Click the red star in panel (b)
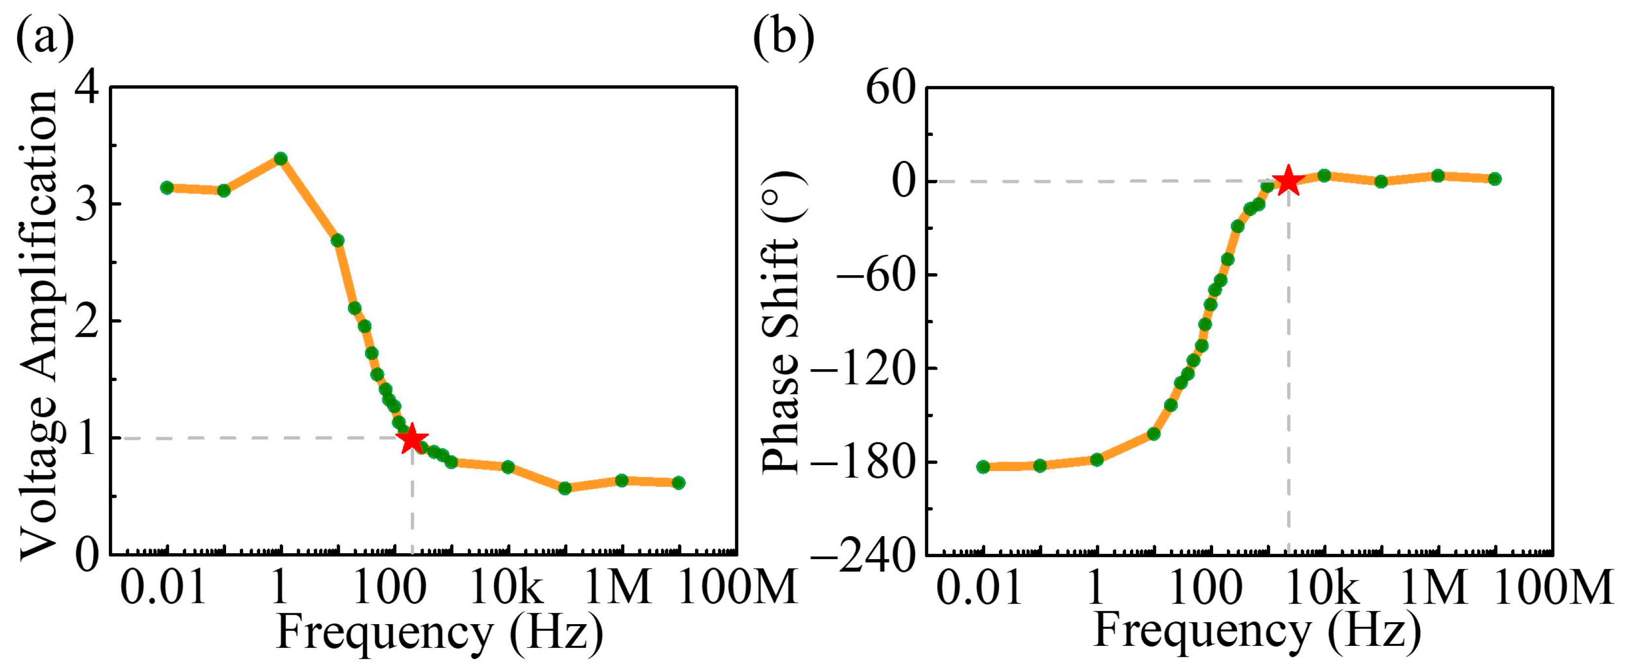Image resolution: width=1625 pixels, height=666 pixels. point(1288,181)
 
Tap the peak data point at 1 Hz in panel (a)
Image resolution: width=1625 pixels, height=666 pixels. point(281,159)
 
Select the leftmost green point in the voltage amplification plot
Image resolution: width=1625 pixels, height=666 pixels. point(166,188)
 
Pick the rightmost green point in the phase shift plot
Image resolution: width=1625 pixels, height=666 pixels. point(1494,179)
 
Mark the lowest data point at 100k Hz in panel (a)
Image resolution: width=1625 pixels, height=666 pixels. point(564,487)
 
